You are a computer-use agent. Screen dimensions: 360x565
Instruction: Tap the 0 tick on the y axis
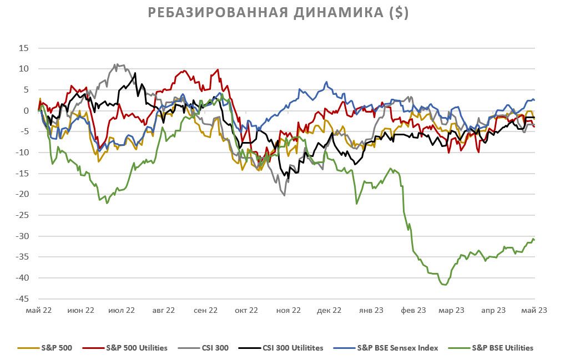(26, 111)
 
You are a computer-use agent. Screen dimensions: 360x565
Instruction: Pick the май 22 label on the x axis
(39, 311)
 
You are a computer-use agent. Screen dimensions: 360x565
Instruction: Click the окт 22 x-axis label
(245, 311)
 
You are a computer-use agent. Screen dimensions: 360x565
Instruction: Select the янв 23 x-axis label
(371, 311)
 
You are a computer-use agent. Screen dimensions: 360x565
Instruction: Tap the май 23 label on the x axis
(534, 311)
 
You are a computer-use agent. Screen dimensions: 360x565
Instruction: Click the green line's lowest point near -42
(444, 285)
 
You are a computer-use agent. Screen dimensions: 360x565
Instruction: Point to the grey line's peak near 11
(115, 64)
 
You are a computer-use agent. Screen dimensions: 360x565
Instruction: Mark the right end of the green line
(534, 240)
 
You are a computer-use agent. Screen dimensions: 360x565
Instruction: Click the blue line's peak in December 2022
(327, 83)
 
